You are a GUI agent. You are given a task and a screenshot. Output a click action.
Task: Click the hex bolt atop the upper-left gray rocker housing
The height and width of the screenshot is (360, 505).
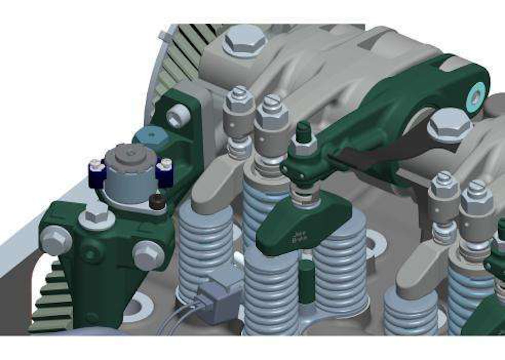pyautogui.click(x=244, y=40)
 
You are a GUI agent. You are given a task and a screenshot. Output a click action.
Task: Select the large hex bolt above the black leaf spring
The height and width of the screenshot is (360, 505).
pyautogui.click(x=449, y=125)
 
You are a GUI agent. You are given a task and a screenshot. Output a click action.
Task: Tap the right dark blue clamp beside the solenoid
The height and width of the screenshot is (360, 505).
pyautogui.click(x=165, y=172)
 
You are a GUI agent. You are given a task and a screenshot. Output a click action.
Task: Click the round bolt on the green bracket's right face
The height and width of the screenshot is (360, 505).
pyautogui.click(x=148, y=255)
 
